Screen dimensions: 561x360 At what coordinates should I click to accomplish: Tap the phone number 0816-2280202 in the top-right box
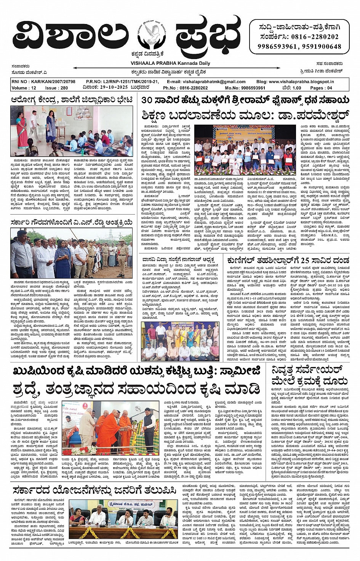(x=315, y=37)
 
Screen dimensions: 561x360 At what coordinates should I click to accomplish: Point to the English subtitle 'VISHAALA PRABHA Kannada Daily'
(x=170, y=63)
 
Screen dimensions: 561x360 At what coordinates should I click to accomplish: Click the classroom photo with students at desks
(x=72, y=131)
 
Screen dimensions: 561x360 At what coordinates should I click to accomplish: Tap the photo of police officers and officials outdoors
(x=72, y=253)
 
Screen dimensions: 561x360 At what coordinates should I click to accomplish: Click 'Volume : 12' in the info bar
(x=24, y=88)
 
